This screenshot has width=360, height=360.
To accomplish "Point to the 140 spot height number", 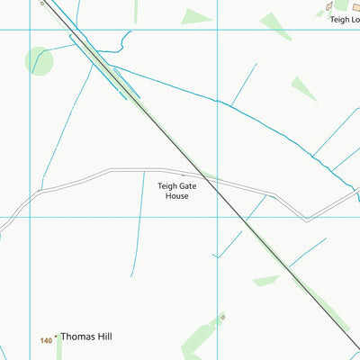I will pyautogui.click(x=46, y=340).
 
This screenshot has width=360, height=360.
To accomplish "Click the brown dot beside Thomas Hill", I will pyautogui.click(x=57, y=337).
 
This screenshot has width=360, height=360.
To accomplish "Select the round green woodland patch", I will pyautogui.click(x=40, y=61).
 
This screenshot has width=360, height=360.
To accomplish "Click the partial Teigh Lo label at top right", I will pyautogui.click(x=344, y=19).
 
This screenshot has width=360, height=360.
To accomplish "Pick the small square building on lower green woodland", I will pyautogui.click(x=222, y=317).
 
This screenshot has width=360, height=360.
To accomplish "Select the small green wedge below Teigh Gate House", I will pyautogui.click(x=265, y=281).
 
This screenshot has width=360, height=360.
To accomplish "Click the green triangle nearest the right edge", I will pyautogui.click(x=304, y=87).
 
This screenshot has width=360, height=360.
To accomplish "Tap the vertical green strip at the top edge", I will pyautogui.click(x=137, y=11).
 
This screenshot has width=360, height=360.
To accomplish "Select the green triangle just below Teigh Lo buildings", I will pyautogui.click(x=276, y=26).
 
